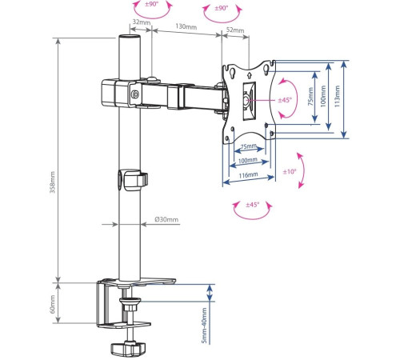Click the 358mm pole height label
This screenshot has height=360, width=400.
point(53,182)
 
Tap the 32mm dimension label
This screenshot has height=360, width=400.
point(142,22)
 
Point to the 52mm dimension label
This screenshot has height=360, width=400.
point(235,30)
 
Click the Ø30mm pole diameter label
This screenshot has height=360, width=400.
point(166,219)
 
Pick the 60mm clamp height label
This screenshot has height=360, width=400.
point(53,304)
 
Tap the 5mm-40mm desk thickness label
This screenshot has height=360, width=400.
point(204,326)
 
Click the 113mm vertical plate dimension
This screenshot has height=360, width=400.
point(337,96)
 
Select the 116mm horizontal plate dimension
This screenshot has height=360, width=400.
point(248,175)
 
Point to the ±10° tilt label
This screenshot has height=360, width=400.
point(290,171)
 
